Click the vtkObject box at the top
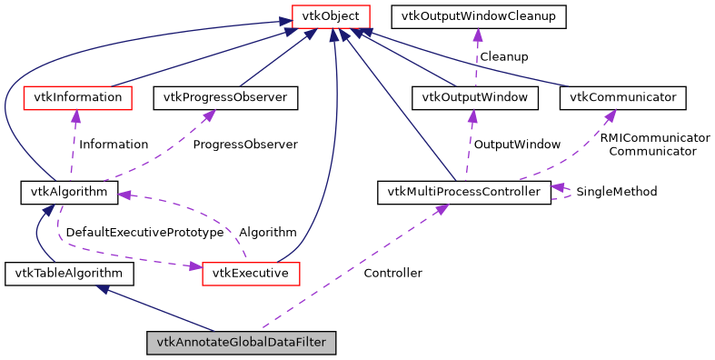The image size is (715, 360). (x=330, y=15)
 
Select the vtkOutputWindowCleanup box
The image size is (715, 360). (x=478, y=15)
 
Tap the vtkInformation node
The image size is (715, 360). (x=74, y=96)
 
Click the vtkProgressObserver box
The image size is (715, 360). (x=226, y=96)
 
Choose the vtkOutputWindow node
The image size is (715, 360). (x=474, y=96)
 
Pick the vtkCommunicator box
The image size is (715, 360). (x=622, y=96)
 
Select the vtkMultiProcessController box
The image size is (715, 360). (x=463, y=192)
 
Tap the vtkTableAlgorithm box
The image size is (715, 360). (x=69, y=273)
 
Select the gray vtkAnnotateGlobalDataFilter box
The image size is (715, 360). (x=242, y=343)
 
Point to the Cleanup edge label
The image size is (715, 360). (x=504, y=56)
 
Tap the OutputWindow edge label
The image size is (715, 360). (x=517, y=144)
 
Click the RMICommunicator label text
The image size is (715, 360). (x=654, y=137)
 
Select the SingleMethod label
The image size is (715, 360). (x=616, y=192)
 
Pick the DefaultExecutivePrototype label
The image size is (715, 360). (x=144, y=232)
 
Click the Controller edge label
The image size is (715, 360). (x=392, y=273)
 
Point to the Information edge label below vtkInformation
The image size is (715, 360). (x=114, y=144)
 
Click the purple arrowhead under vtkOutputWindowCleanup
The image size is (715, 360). (x=478, y=34)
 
